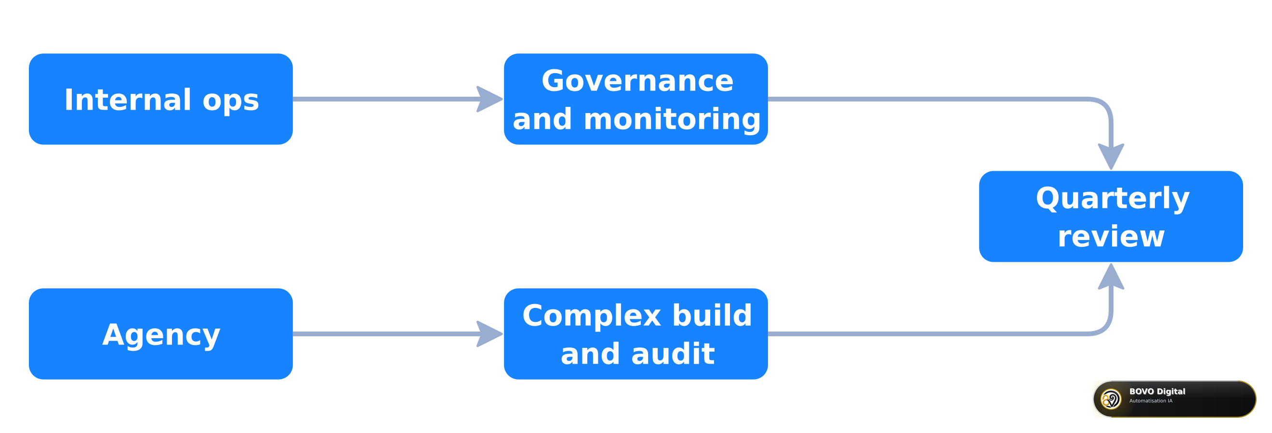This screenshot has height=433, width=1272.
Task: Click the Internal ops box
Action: [x=161, y=99]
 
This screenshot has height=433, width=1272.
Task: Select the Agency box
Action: [x=161, y=334]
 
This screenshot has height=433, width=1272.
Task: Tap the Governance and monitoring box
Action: [x=636, y=99]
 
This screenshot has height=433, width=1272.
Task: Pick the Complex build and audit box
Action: [x=636, y=334]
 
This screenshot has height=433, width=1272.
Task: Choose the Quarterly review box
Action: [x=1111, y=216]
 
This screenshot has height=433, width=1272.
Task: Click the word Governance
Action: [x=637, y=81]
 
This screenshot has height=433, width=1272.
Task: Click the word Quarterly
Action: [x=1113, y=199]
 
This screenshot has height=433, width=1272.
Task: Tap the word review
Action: [x=1111, y=237]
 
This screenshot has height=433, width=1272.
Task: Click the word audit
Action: [x=673, y=354]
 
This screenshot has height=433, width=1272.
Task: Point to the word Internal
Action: [x=128, y=100]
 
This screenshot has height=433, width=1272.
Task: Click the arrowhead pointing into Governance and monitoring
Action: [x=490, y=99]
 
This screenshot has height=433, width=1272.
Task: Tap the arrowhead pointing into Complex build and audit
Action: [x=490, y=334]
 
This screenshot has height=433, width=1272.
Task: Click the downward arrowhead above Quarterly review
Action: [x=1111, y=157]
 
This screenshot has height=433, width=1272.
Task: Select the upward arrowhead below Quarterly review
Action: [x=1111, y=276]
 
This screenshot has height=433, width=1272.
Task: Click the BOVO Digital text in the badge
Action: [x=1157, y=391]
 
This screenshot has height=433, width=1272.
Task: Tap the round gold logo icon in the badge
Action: [x=1111, y=399]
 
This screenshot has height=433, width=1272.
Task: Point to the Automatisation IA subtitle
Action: [x=1151, y=401]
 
